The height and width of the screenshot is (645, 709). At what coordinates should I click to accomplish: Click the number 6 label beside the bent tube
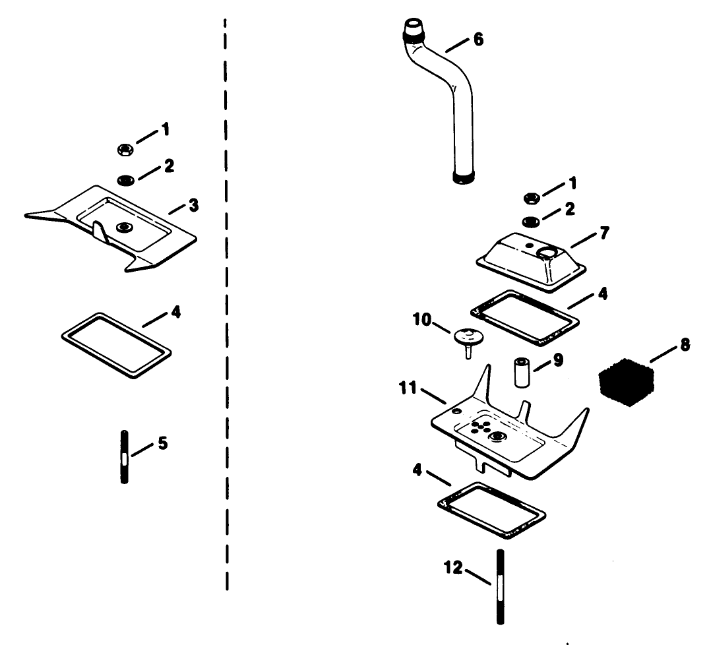pos(477,40)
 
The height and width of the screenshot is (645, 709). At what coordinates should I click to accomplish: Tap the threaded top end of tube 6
pos(414,29)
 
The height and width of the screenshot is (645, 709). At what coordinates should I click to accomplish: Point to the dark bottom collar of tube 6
pos(464,177)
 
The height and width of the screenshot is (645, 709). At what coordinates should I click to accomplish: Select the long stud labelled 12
pos(500,587)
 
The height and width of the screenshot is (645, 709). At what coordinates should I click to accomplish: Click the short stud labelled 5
pos(124,456)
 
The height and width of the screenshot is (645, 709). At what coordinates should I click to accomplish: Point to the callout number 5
pos(162,443)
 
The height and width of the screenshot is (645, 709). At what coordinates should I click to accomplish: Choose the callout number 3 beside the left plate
pos(193,204)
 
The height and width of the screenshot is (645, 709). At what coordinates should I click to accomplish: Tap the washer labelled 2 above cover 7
pos(530,220)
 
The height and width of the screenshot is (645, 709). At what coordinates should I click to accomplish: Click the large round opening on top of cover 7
pos(547,252)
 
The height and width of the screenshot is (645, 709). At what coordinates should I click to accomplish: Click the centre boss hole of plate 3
pos(122,228)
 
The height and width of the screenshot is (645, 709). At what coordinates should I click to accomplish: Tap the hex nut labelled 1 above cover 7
pos(530,197)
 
